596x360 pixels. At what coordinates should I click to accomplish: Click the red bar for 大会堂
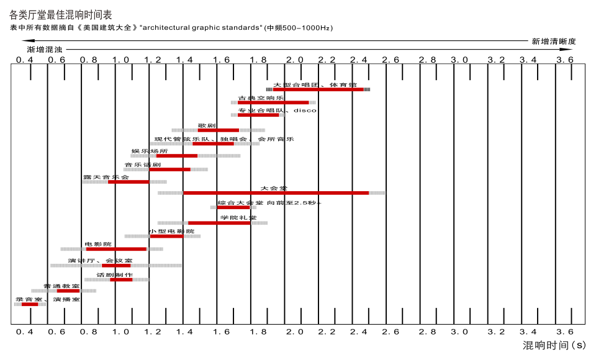click(276, 193)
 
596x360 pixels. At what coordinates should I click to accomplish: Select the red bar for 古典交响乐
click(273, 102)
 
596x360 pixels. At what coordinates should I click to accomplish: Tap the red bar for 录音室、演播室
click(30, 304)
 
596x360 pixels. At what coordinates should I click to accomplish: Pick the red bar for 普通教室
click(68, 290)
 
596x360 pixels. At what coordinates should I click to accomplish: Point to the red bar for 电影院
click(116, 249)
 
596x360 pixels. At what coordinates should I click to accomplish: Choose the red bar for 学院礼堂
click(219, 223)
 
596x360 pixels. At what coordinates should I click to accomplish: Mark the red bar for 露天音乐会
click(129, 182)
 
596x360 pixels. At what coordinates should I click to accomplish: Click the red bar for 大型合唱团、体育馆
click(318, 89)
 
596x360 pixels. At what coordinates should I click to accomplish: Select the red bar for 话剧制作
click(121, 279)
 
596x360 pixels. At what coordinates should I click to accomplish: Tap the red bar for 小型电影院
click(166, 236)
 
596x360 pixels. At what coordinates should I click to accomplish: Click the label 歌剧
click(207, 126)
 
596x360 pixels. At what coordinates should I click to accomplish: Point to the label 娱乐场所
click(149, 151)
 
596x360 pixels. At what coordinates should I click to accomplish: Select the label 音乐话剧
click(142, 165)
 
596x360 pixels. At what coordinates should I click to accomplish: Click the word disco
click(305, 110)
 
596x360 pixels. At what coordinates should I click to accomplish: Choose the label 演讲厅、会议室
click(100, 261)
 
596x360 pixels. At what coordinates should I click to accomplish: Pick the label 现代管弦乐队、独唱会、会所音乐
click(224, 139)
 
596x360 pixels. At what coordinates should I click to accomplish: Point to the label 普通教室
click(61, 286)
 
